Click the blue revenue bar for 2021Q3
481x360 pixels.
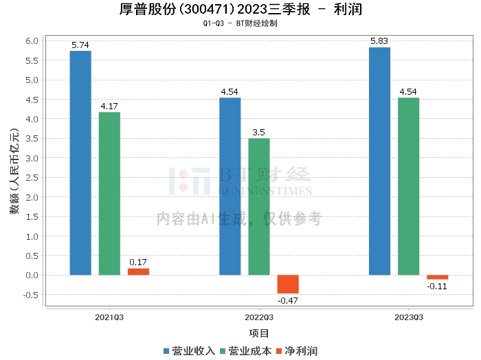tap(80, 163)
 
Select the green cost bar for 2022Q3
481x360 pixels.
tap(259, 207)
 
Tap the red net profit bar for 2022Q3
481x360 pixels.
tap(288, 284)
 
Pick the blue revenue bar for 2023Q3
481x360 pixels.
tap(379, 161)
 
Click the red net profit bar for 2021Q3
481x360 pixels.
tap(138, 271)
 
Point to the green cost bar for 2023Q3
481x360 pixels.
tap(408, 186)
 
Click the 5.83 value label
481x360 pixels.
tap(379, 41)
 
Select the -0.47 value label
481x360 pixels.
tap(288, 300)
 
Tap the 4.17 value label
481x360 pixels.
tap(109, 106)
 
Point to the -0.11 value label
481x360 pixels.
tap(437, 286)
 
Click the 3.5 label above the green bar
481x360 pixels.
tap(258, 132)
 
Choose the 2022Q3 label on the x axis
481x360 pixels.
tap(259, 317)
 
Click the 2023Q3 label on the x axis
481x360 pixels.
tap(409, 317)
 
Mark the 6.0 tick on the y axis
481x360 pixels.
tap(32, 41)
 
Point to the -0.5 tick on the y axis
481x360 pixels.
tap(30, 295)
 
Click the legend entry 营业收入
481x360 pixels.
tap(189, 351)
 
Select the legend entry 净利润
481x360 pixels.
tap(297, 351)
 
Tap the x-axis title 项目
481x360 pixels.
tap(259, 333)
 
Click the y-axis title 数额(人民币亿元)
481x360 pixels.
tap(14, 172)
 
